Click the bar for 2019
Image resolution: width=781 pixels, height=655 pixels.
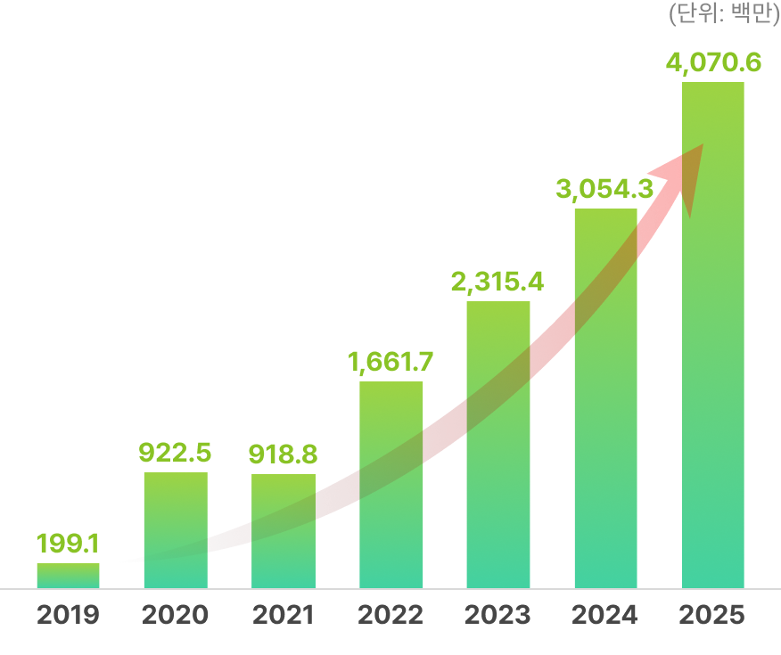coord(68,576)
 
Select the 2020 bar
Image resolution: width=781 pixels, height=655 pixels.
coord(176,530)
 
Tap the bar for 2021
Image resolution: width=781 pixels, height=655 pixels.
coord(284,531)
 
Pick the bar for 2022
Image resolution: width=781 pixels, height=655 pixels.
coord(391,485)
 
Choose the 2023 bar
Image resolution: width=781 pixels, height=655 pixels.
coord(498,445)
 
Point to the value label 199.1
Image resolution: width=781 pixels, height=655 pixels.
coord(68,543)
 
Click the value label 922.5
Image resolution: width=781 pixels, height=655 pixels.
coord(175,453)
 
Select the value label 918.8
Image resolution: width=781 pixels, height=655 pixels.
coord(283,454)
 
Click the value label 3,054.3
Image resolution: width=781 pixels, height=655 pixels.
coord(604,189)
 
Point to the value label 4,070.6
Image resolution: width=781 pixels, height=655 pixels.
coord(713,64)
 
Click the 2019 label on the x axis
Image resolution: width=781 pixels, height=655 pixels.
coord(68,615)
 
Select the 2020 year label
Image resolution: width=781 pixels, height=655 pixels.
coord(176,615)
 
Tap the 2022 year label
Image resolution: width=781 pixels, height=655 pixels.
coord(390,615)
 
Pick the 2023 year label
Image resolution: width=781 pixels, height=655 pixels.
coord(498,615)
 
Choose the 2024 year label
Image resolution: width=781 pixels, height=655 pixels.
coord(605,615)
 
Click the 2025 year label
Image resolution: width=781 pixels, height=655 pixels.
coord(712,615)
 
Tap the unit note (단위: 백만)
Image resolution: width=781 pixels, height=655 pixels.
coord(724,14)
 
